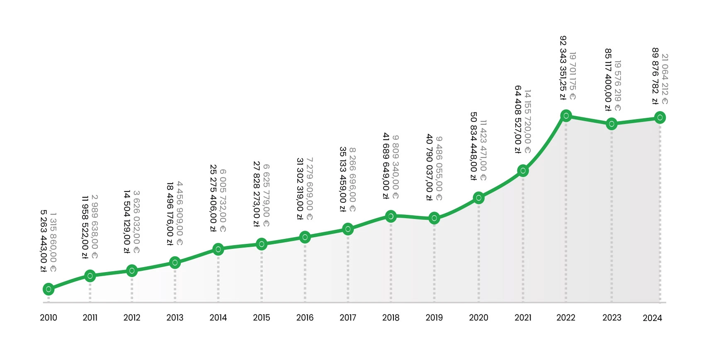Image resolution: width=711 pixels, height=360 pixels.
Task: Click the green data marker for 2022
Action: [566, 116]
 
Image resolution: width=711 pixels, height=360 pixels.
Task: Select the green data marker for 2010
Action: [49, 289]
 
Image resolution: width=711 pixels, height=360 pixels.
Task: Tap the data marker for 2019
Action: [434, 218]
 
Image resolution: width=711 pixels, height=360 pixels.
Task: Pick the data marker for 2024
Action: [660, 117]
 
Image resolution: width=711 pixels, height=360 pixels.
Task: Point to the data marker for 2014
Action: [218, 249]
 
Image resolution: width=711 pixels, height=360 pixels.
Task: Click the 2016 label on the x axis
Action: [305, 318]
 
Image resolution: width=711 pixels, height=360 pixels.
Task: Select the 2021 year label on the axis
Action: [523, 318]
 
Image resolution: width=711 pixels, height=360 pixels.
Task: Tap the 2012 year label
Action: [132, 318]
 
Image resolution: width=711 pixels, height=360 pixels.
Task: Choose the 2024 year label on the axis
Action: [652, 318]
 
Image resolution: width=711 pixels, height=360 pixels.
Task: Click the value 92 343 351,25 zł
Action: [563, 68]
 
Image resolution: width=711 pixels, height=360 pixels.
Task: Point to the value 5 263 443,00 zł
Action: [44, 241]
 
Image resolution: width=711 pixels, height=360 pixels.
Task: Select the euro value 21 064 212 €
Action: [665, 79]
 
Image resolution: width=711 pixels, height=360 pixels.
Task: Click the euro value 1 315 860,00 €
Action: [53, 243]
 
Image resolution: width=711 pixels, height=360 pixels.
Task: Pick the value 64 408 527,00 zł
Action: [518, 120]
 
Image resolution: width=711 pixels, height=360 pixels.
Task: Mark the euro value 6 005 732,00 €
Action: [223, 201]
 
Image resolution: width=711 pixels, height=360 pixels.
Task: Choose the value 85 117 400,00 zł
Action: [608, 80]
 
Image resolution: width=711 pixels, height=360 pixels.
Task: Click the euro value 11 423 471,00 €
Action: [483, 150]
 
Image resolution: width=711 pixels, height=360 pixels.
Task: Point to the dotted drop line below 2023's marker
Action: [612, 216]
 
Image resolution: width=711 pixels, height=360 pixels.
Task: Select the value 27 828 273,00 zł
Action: [257, 194]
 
